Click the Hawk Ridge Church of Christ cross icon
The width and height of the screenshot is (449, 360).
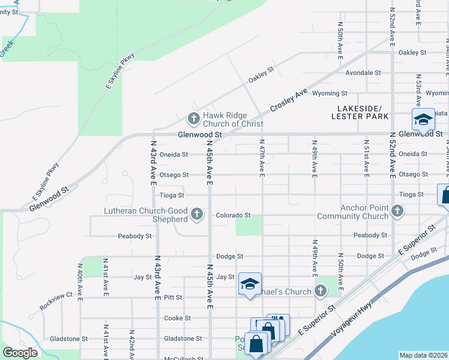(193, 119)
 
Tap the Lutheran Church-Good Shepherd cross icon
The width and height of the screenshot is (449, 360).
(196, 215)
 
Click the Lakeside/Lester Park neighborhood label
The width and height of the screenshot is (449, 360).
(360, 112)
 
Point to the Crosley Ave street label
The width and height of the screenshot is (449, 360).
(288, 100)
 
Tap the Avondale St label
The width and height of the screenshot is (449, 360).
(363, 73)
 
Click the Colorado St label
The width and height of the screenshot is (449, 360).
(233, 215)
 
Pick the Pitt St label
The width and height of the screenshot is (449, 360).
(173, 297)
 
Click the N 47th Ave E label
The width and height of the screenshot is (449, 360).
(262, 159)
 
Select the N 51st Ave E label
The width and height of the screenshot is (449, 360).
(367, 159)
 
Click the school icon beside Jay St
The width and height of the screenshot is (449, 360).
(250, 284)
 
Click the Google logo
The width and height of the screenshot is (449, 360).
(20, 353)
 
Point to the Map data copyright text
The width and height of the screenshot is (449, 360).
(423, 355)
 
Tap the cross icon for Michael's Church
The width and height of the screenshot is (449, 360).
(321, 292)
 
